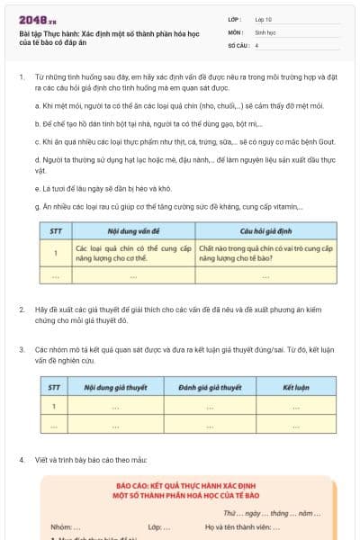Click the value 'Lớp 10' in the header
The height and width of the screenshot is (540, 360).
pos(264,19)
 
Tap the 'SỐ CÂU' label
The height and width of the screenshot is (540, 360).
pos(237,43)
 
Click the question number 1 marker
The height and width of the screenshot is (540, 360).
pos(21,79)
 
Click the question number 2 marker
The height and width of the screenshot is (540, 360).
pos(21,310)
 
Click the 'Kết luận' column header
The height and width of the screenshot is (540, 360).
pos(295,388)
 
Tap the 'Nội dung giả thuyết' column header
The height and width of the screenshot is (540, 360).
pos(116,388)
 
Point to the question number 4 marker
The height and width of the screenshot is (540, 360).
pos(21,459)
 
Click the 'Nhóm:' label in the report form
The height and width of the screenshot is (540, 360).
pos(60,526)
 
